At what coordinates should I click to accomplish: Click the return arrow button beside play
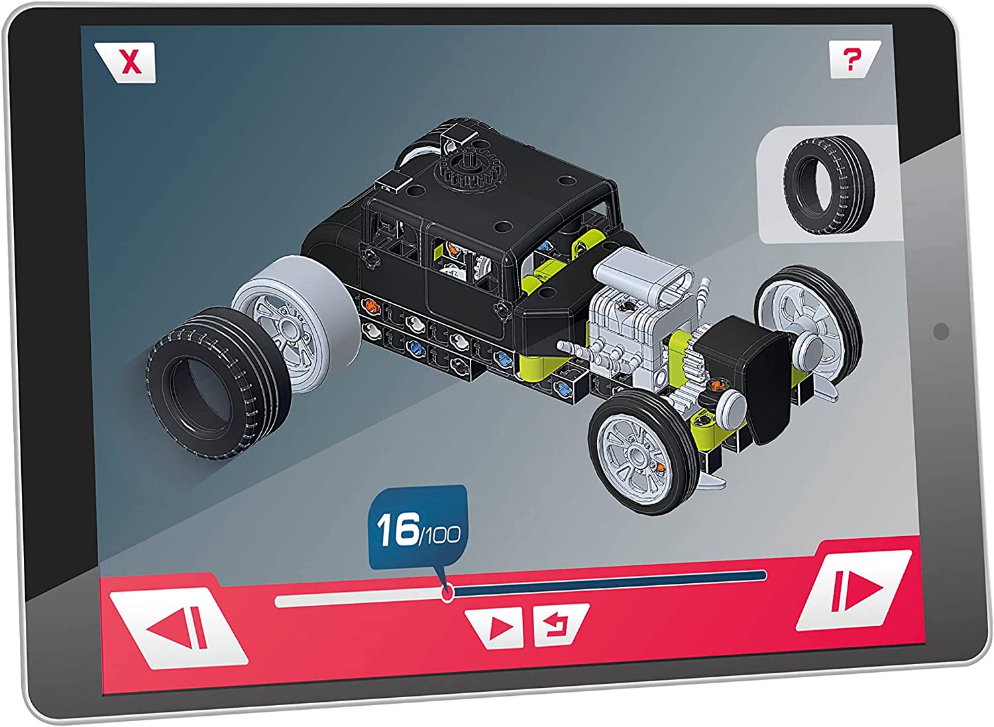click(561, 624)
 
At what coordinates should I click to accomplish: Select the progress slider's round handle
click(447, 592)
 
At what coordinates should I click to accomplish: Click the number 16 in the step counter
click(397, 530)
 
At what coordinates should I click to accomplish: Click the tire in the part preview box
click(830, 185)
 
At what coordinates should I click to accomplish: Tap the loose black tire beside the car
click(219, 382)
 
